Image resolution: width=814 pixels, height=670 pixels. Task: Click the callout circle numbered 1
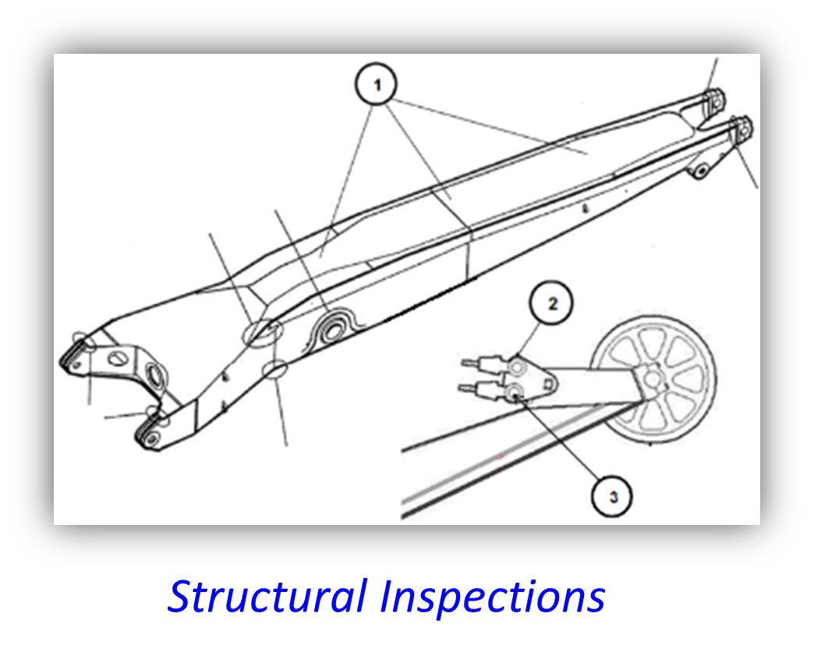tap(377, 86)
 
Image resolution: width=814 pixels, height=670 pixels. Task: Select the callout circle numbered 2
tap(552, 304)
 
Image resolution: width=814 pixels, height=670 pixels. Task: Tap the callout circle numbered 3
tap(613, 495)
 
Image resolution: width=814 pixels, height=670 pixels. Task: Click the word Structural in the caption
tap(267, 597)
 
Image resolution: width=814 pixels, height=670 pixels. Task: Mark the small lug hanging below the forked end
tap(702, 169)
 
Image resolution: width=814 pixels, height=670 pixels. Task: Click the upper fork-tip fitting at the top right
tap(713, 100)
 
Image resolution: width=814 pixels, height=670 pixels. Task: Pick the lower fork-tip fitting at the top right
tap(741, 126)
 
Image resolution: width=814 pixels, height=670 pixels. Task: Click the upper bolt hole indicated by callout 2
tap(516, 366)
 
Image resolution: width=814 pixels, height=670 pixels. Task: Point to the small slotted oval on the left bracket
tap(118, 358)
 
